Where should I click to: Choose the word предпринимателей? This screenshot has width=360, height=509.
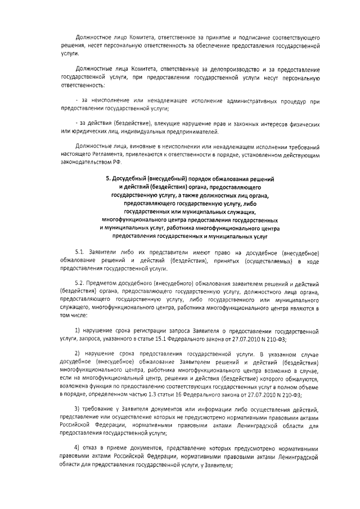(x=194, y=132)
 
